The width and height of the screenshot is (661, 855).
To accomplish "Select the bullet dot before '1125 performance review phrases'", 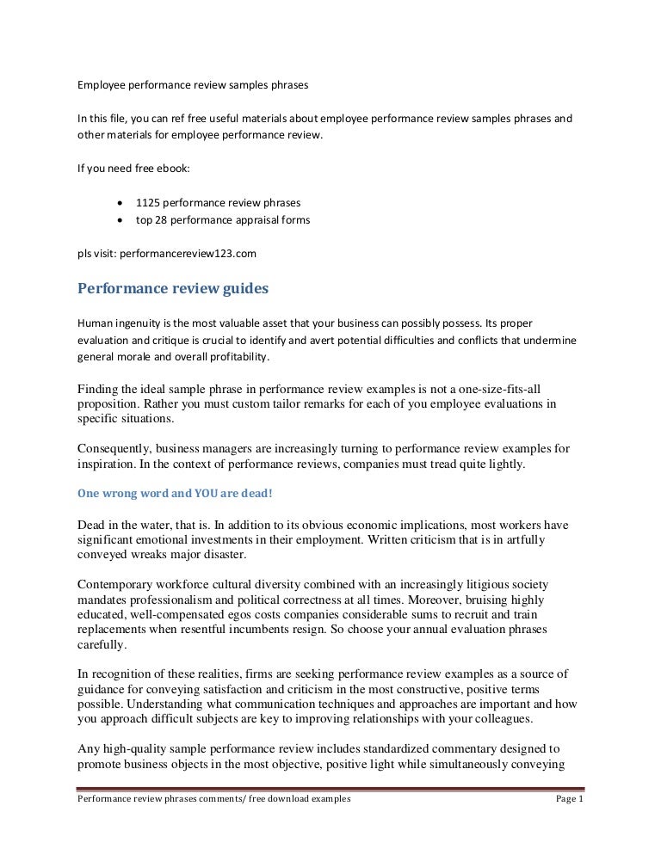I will pyautogui.click(x=119, y=203).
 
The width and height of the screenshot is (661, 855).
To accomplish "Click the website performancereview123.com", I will pyautogui.click(x=188, y=254).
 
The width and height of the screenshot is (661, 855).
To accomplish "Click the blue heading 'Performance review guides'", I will pyautogui.click(x=173, y=289).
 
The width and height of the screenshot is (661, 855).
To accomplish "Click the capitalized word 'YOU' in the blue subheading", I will pyautogui.click(x=193, y=495).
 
